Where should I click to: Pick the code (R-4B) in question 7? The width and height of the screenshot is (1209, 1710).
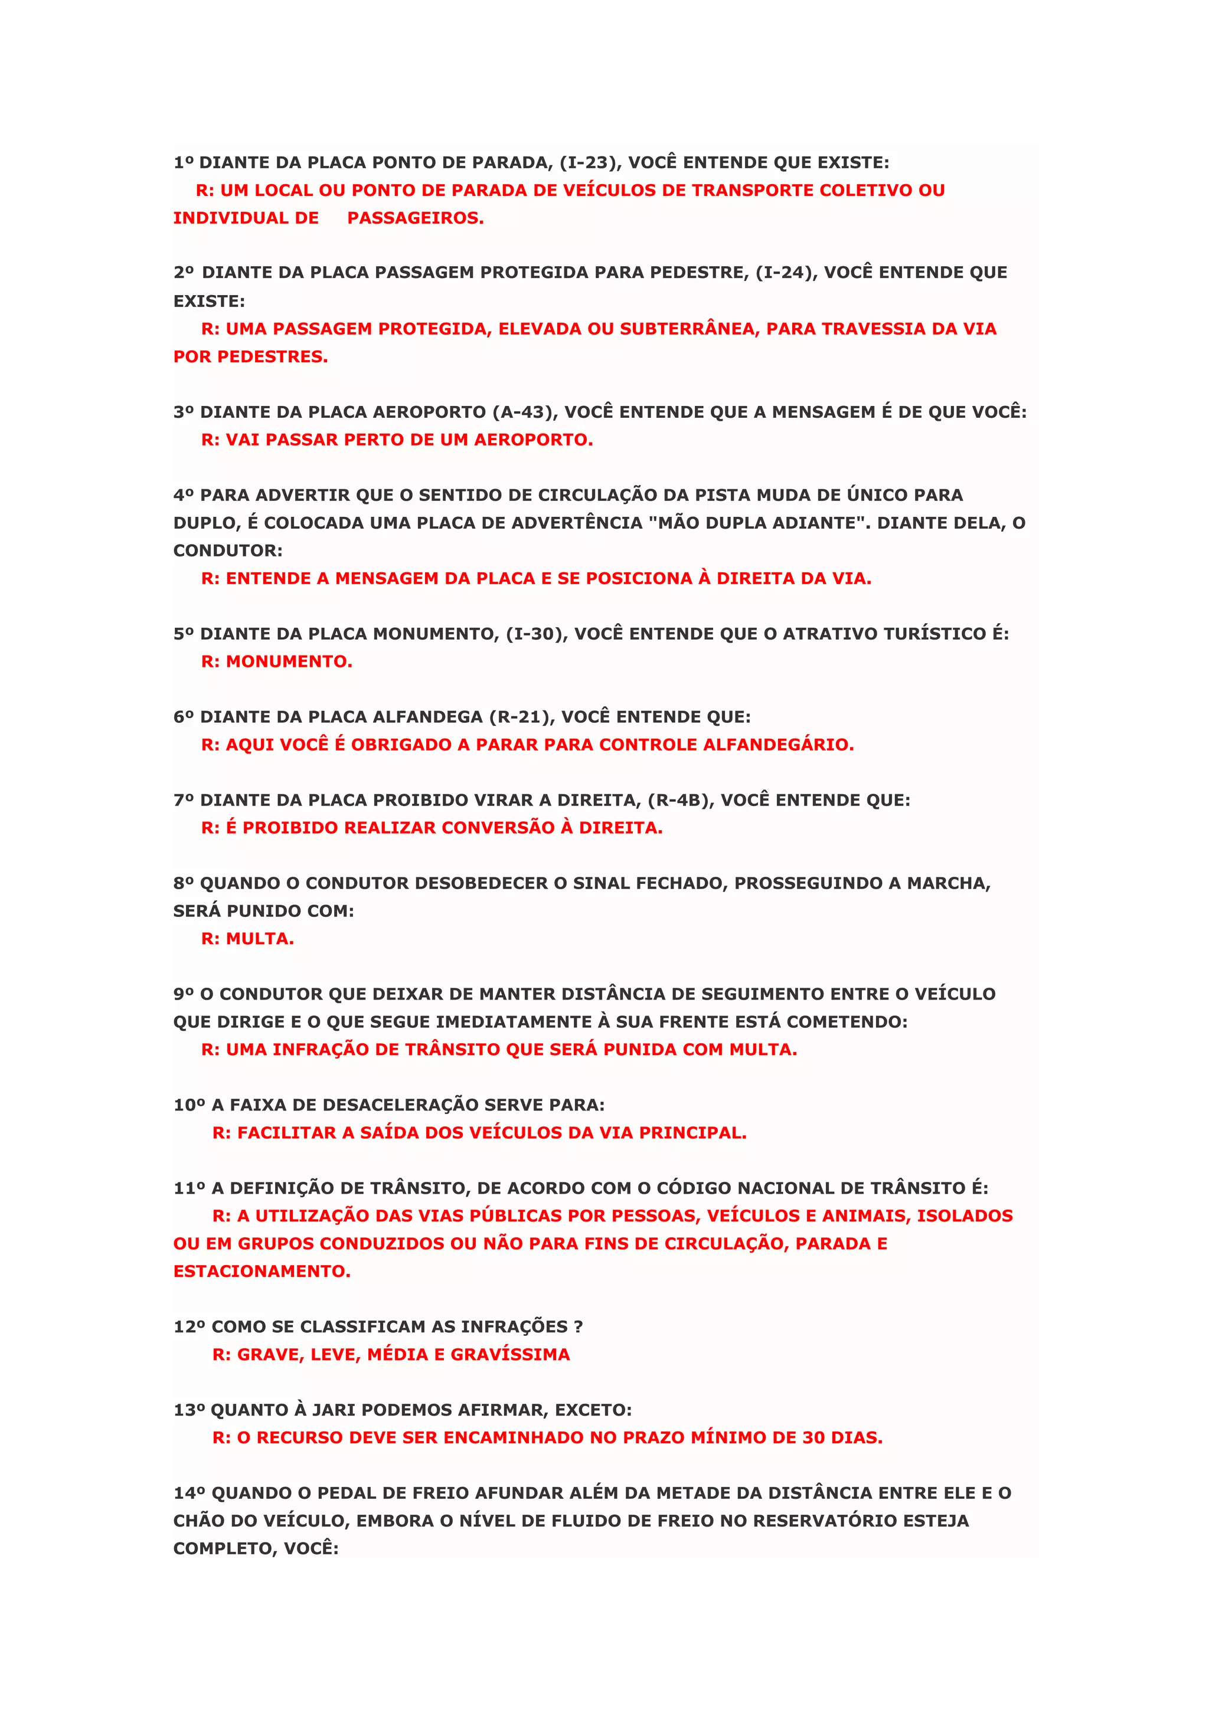pyautogui.click(x=681, y=800)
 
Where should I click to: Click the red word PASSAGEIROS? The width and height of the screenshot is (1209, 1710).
pyautogui.click(x=416, y=218)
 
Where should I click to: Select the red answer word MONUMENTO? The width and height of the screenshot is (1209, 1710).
pyautogui.click(x=289, y=661)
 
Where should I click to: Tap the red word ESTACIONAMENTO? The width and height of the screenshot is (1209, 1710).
pyautogui.click(x=262, y=1272)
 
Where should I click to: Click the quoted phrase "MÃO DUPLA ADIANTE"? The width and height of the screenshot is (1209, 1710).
pyautogui.click(x=760, y=523)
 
